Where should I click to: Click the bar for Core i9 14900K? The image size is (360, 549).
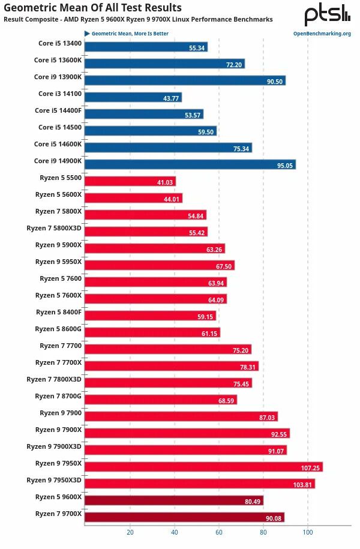(x=190, y=164)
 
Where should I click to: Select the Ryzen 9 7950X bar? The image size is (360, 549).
(x=203, y=467)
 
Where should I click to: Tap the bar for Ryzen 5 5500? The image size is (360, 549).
(x=130, y=181)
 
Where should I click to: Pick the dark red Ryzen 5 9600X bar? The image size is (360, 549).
(x=174, y=500)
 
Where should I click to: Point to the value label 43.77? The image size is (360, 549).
(x=170, y=98)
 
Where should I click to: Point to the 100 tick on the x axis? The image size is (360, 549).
(x=308, y=532)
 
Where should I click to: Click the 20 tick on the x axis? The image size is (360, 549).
(x=130, y=532)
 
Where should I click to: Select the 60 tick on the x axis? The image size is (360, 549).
(x=219, y=532)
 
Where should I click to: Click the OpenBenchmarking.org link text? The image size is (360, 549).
(x=322, y=34)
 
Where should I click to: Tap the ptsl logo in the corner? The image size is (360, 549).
(x=327, y=15)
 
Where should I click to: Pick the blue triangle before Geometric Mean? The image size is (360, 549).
(x=87, y=34)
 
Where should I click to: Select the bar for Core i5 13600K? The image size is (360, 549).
(x=164, y=64)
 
